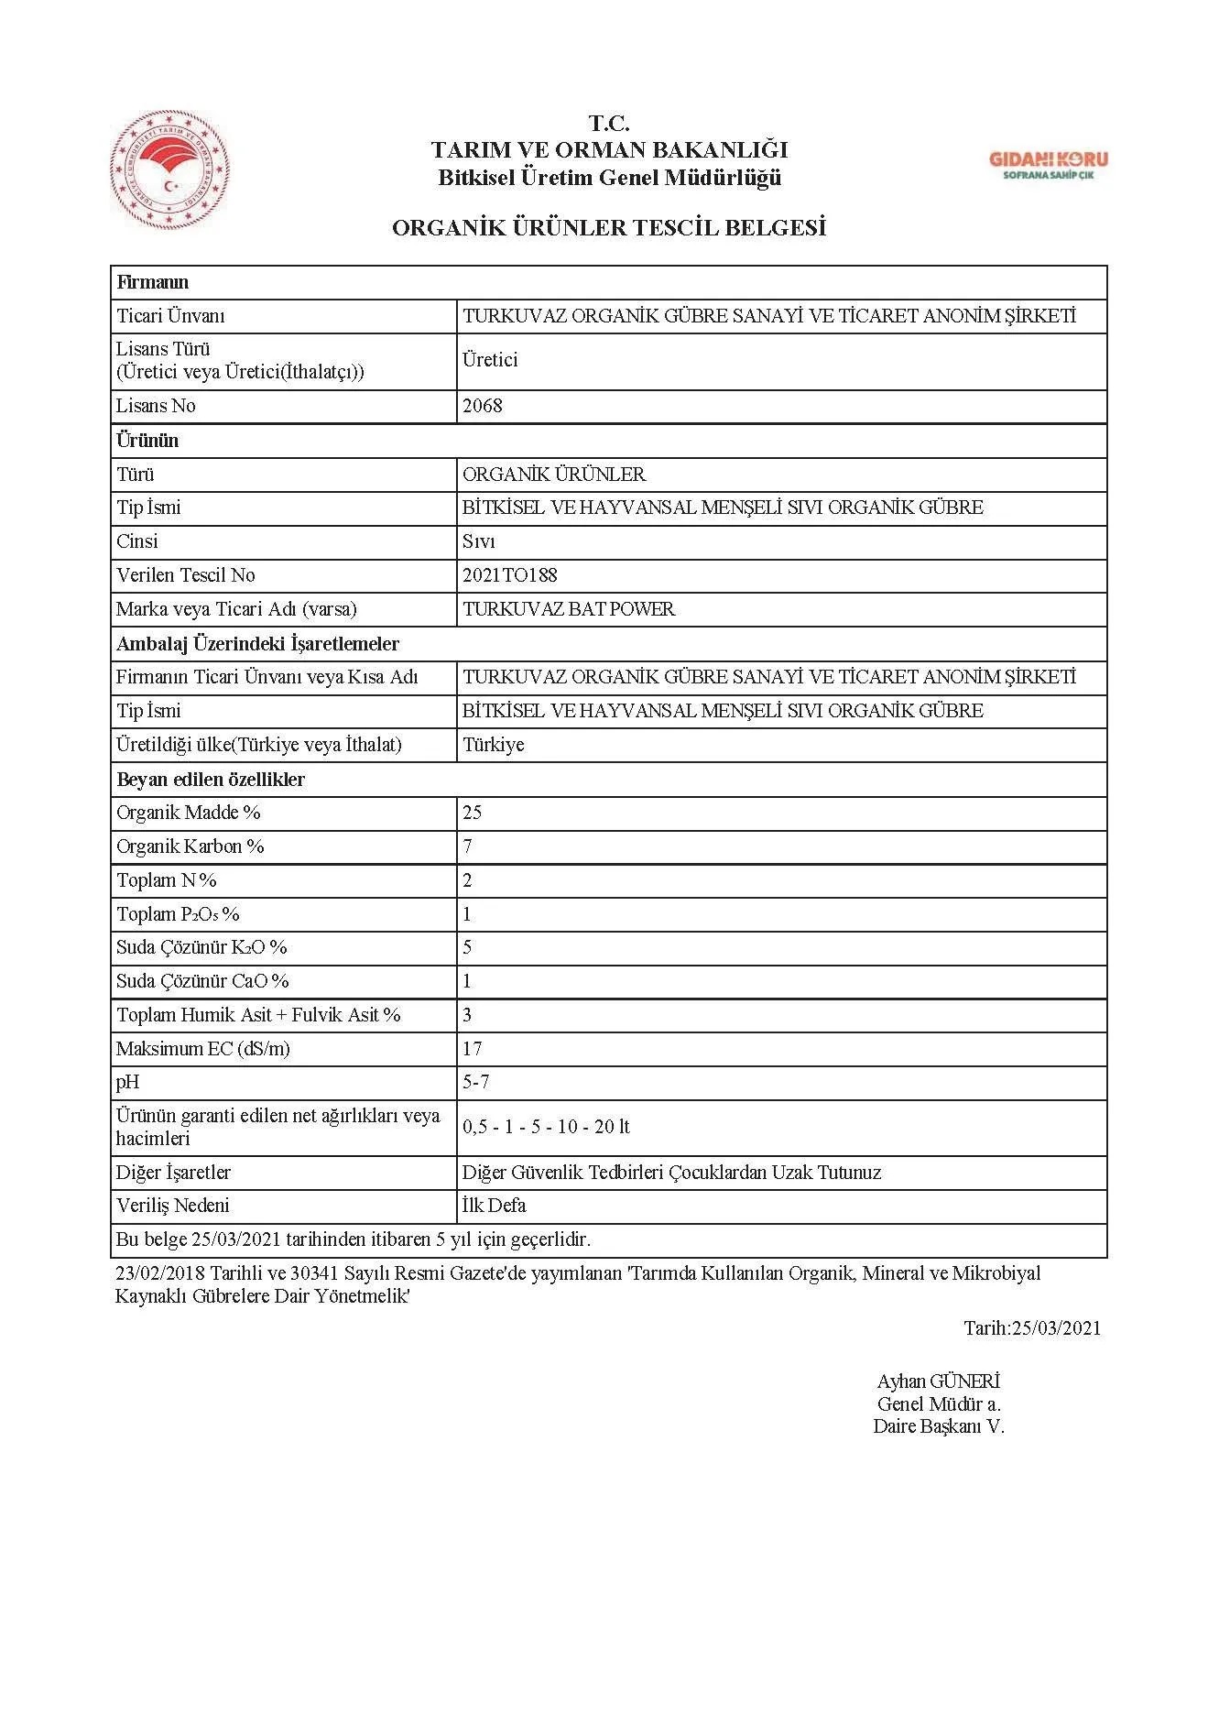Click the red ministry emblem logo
(x=169, y=169)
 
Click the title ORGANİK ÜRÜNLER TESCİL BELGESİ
(x=609, y=228)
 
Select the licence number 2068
(x=483, y=406)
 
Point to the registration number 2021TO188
(x=510, y=575)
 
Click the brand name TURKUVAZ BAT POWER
(x=569, y=609)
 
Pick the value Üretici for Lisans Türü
(x=490, y=360)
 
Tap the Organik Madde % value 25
(x=473, y=813)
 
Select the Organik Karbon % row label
(x=190, y=846)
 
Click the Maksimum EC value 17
(x=473, y=1049)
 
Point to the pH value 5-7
(x=476, y=1083)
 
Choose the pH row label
(x=128, y=1083)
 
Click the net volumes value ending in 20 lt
(x=547, y=1127)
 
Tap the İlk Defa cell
(x=495, y=1206)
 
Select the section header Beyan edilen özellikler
(x=211, y=780)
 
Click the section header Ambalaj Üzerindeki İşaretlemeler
(x=257, y=644)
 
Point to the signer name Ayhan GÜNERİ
(x=938, y=1381)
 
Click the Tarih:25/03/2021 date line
(x=1031, y=1328)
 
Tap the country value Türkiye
(x=494, y=745)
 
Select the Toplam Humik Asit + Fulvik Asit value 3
(x=468, y=1015)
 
